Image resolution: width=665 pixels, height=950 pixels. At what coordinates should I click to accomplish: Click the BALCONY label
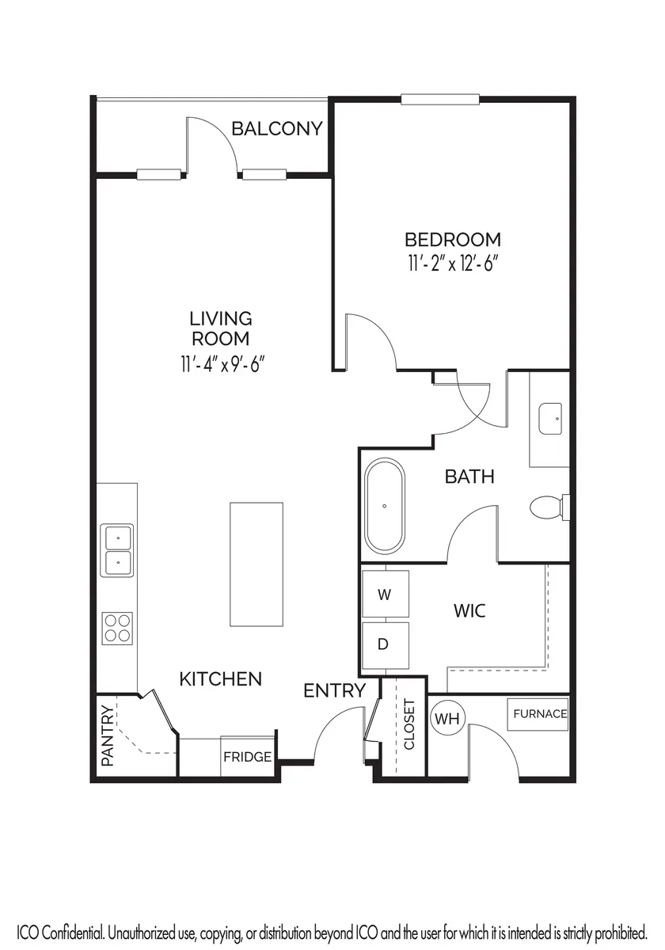point(277,128)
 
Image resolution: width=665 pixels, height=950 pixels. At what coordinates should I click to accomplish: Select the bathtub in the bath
point(385,506)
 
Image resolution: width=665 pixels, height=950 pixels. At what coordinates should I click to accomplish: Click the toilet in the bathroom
point(549,507)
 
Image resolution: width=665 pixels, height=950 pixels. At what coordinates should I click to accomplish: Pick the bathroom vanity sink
point(550,419)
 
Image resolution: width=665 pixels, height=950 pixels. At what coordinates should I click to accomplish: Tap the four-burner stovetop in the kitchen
point(117,628)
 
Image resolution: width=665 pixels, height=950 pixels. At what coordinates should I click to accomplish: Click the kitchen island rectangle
point(256,564)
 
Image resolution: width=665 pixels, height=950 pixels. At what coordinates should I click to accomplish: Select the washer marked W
point(386,594)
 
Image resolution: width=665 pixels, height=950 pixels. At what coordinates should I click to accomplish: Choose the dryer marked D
point(386,645)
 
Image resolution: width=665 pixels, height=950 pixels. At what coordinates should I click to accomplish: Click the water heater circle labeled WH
point(448,719)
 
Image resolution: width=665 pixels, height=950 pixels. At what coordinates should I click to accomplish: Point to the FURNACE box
point(538,715)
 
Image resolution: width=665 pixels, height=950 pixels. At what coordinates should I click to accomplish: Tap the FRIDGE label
point(247,757)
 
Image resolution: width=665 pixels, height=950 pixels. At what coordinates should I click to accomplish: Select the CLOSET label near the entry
point(408,724)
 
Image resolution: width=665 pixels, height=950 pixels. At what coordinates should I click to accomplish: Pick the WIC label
point(469,610)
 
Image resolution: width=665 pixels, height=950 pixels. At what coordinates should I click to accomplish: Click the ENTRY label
point(334,691)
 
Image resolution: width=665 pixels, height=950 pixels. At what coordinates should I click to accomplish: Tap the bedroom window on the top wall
point(440,99)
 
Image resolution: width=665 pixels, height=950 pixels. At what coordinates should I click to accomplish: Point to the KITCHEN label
point(221,679)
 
